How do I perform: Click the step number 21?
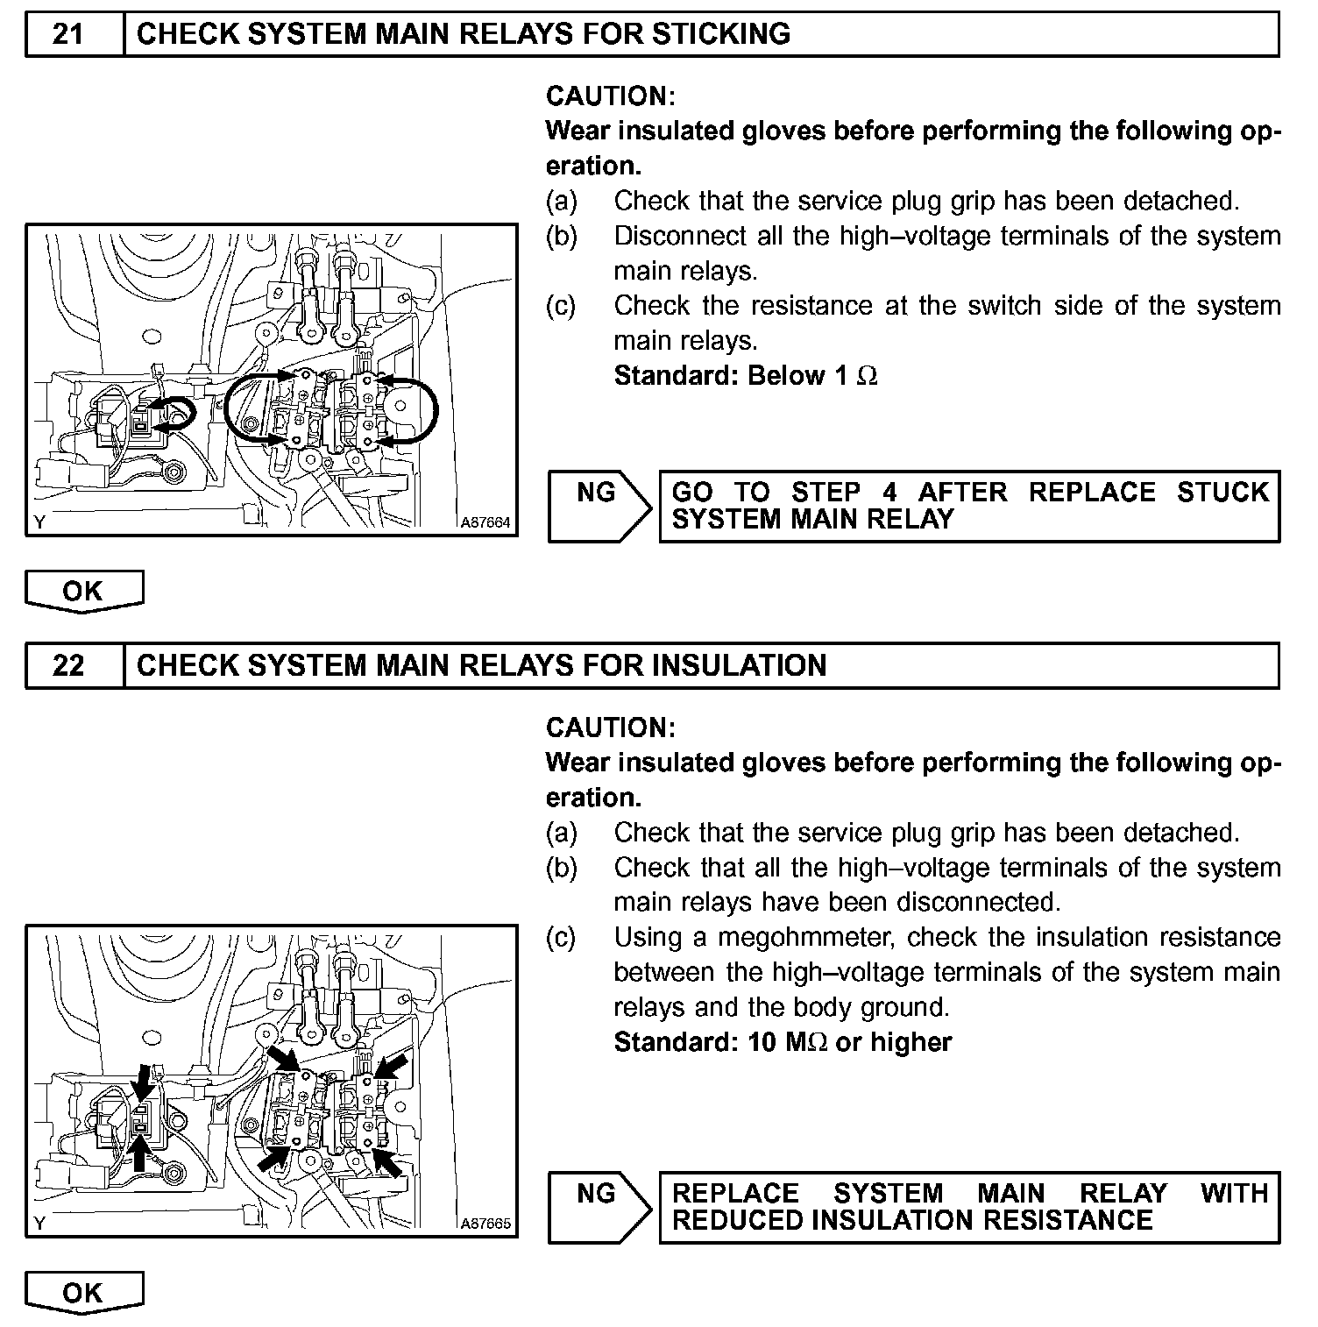coord(68,34)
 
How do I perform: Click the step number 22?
coord(68,665)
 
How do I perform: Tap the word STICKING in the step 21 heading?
coord(720,34)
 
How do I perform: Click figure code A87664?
coord(485,522)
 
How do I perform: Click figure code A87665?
coord(485,1224)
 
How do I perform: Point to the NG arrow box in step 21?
coord(599,506)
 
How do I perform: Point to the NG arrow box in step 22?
coord(599,1207)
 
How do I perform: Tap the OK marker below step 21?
coord(83,591)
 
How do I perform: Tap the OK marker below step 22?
coord(83,1292)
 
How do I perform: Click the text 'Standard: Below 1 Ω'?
coord(746,376)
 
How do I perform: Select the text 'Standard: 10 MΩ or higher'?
coord(783,1042)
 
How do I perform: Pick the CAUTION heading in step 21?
coord(611,96)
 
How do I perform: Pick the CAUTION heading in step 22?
coord(611,727)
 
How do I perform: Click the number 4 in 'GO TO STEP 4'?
coord(889,492)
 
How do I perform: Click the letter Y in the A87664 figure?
coord(39,523)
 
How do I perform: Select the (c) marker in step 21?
coord(561,306)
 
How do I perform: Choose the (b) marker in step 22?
coord(561,868)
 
